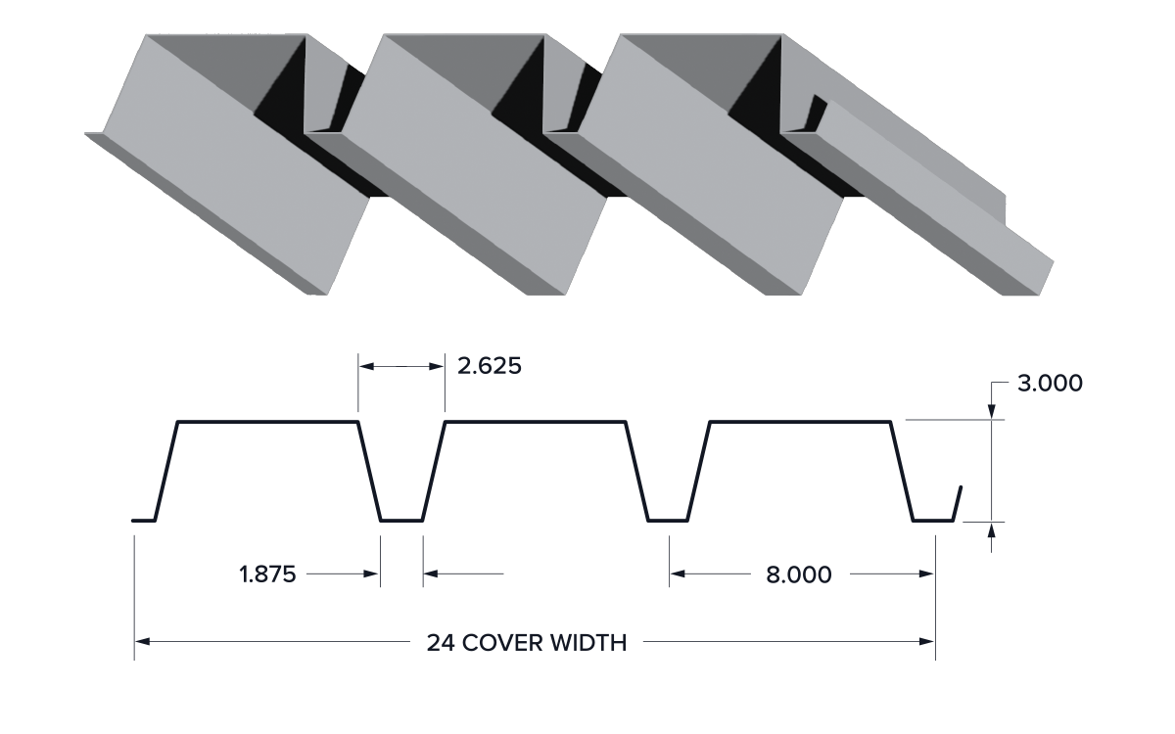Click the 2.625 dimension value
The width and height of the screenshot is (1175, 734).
(490, 366)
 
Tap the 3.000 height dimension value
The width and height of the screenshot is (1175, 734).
(1050, 384)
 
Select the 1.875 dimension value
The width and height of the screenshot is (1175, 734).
(267, 574)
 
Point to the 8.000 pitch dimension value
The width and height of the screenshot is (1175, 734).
(798, 574)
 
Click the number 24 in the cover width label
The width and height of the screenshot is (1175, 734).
(441, 643)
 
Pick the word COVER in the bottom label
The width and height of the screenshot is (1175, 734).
(502, 643)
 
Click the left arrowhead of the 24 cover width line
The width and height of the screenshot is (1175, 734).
(142, 641)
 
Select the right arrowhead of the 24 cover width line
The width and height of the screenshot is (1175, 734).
(927, 641)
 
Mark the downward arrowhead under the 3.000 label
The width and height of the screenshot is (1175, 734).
(991, 412)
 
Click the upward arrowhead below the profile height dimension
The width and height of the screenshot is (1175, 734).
(991, 530)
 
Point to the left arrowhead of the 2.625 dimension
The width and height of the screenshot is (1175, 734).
(366, 366)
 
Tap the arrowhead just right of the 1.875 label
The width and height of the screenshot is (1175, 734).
(371, 573)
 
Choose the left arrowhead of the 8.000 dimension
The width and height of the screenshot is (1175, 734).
(678, 573)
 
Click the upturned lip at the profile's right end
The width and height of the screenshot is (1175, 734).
(958, 503)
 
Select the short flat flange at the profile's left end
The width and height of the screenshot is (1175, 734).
(144, 521)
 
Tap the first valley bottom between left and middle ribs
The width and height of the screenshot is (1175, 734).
(401, 521)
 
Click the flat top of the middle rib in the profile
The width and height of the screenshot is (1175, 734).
(535, 421)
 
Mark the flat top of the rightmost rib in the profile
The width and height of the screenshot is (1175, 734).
(800, 421)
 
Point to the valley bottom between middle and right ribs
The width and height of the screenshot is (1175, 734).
(668, 521)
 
